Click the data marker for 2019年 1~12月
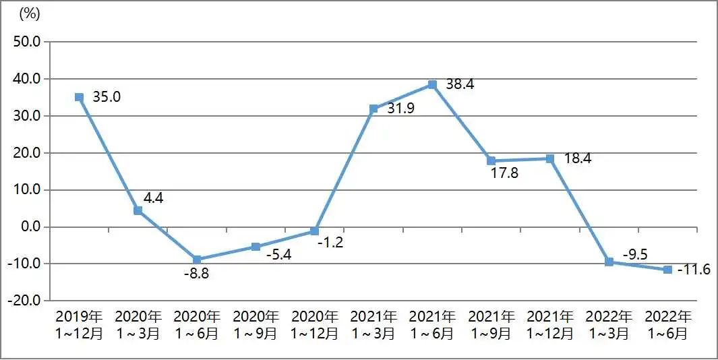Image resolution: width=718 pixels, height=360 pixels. pyautogui.click(x=79, y=97)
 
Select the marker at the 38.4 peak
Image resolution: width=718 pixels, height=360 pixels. pyautogui.click(x=432, y=85)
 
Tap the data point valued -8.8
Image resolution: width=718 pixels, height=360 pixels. pyautogui.click(x=197, y=260)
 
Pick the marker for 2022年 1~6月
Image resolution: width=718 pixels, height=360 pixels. pyautogui.click(x=667, y=270)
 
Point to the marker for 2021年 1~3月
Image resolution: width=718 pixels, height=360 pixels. pyautogui.click(x=373, y=109)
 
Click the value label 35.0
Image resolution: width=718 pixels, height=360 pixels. pyautogui.click(x=107, y=97)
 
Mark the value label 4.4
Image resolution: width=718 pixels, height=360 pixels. pyautogui.click(x=154, y=198)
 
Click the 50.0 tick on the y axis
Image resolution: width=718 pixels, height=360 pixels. pyautogui.click(x=27, y=42)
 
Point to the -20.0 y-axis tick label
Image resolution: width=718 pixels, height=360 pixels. pyautogui.click(x=24, y=301)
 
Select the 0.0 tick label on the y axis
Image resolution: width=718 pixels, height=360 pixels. pyautogui.click(x=30, y=227)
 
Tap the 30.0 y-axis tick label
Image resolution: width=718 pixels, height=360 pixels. pyautogui.click(x=27, y=116)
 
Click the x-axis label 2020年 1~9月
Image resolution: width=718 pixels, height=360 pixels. pyautogui.click(x=256, y=324)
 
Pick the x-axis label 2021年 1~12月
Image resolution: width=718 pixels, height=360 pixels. pyautogui.click(x=550, y=324)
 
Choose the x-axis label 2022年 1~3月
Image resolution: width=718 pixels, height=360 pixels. pyautogui.click(x=609, y=324)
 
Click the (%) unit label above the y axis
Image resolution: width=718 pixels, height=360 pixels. pyautogui.click(x=31, y=13)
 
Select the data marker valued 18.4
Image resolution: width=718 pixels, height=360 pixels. pyautogui.click(x=550, y=158)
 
